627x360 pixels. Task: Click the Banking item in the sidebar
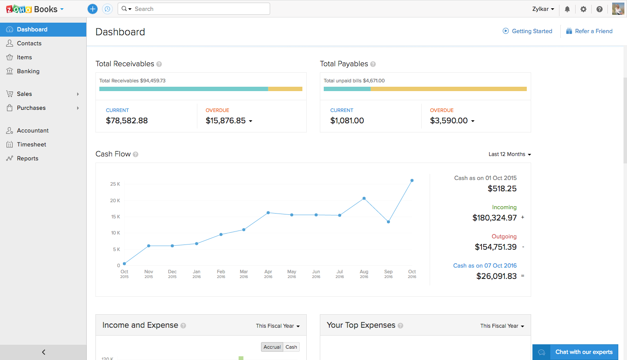click(x=28, y=71)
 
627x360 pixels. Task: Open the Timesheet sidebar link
click(x=31, y=144)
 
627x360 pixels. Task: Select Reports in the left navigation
click(x=27, y=158)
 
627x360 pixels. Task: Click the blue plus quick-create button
click(x=92, y=9)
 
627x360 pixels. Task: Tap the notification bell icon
click(x=567, y=9)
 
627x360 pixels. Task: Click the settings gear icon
click(x=583, y=9)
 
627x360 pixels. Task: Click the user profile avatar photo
click(x=618, y=9)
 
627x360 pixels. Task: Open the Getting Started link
click(x=532, y=31)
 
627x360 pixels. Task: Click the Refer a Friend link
click(x=593, y=31)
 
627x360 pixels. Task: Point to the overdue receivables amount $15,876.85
click(x=226, y=121)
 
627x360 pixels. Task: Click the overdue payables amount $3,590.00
click(x=449, y=121)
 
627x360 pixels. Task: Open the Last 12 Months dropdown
click(x=509, y=154)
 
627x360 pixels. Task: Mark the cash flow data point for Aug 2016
click(x=364, y=198)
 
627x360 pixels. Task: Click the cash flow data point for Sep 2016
click(x=388, y=222)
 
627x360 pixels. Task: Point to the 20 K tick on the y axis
click(x=115, y=200)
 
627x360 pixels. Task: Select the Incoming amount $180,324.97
click(x=494, y=217)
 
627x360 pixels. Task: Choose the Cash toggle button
click(x=291, y=347)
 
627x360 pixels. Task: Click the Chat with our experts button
click(x=575, y=352)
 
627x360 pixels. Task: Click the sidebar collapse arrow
click(x=43, y=352)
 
